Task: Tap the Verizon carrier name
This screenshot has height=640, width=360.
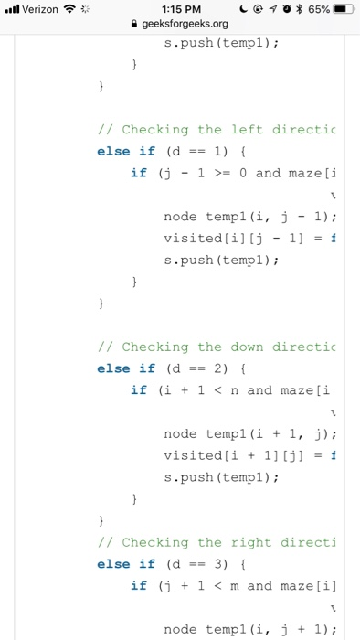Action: (x=39, y=9)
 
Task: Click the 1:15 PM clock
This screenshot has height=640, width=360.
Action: (x=180, y=9)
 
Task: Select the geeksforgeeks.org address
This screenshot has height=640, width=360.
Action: (x=185, y=24)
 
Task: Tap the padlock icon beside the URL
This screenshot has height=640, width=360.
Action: (x=135, y=24)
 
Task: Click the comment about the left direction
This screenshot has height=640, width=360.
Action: (x=217, y=130)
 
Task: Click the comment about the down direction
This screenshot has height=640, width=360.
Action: (x=217, y=347)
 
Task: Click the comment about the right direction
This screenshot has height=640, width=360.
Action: (x=217, y=542)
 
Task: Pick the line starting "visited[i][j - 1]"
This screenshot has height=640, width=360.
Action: (x=248, y=238)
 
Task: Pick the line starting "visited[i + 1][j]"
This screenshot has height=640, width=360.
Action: (x=248, y=454)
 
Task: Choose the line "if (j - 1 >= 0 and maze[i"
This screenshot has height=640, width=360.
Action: (x=234, y=173)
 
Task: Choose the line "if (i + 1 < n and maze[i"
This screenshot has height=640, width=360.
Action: (x=234, y=389)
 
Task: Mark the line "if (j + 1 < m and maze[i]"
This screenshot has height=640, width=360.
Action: (x=234, y=585)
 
